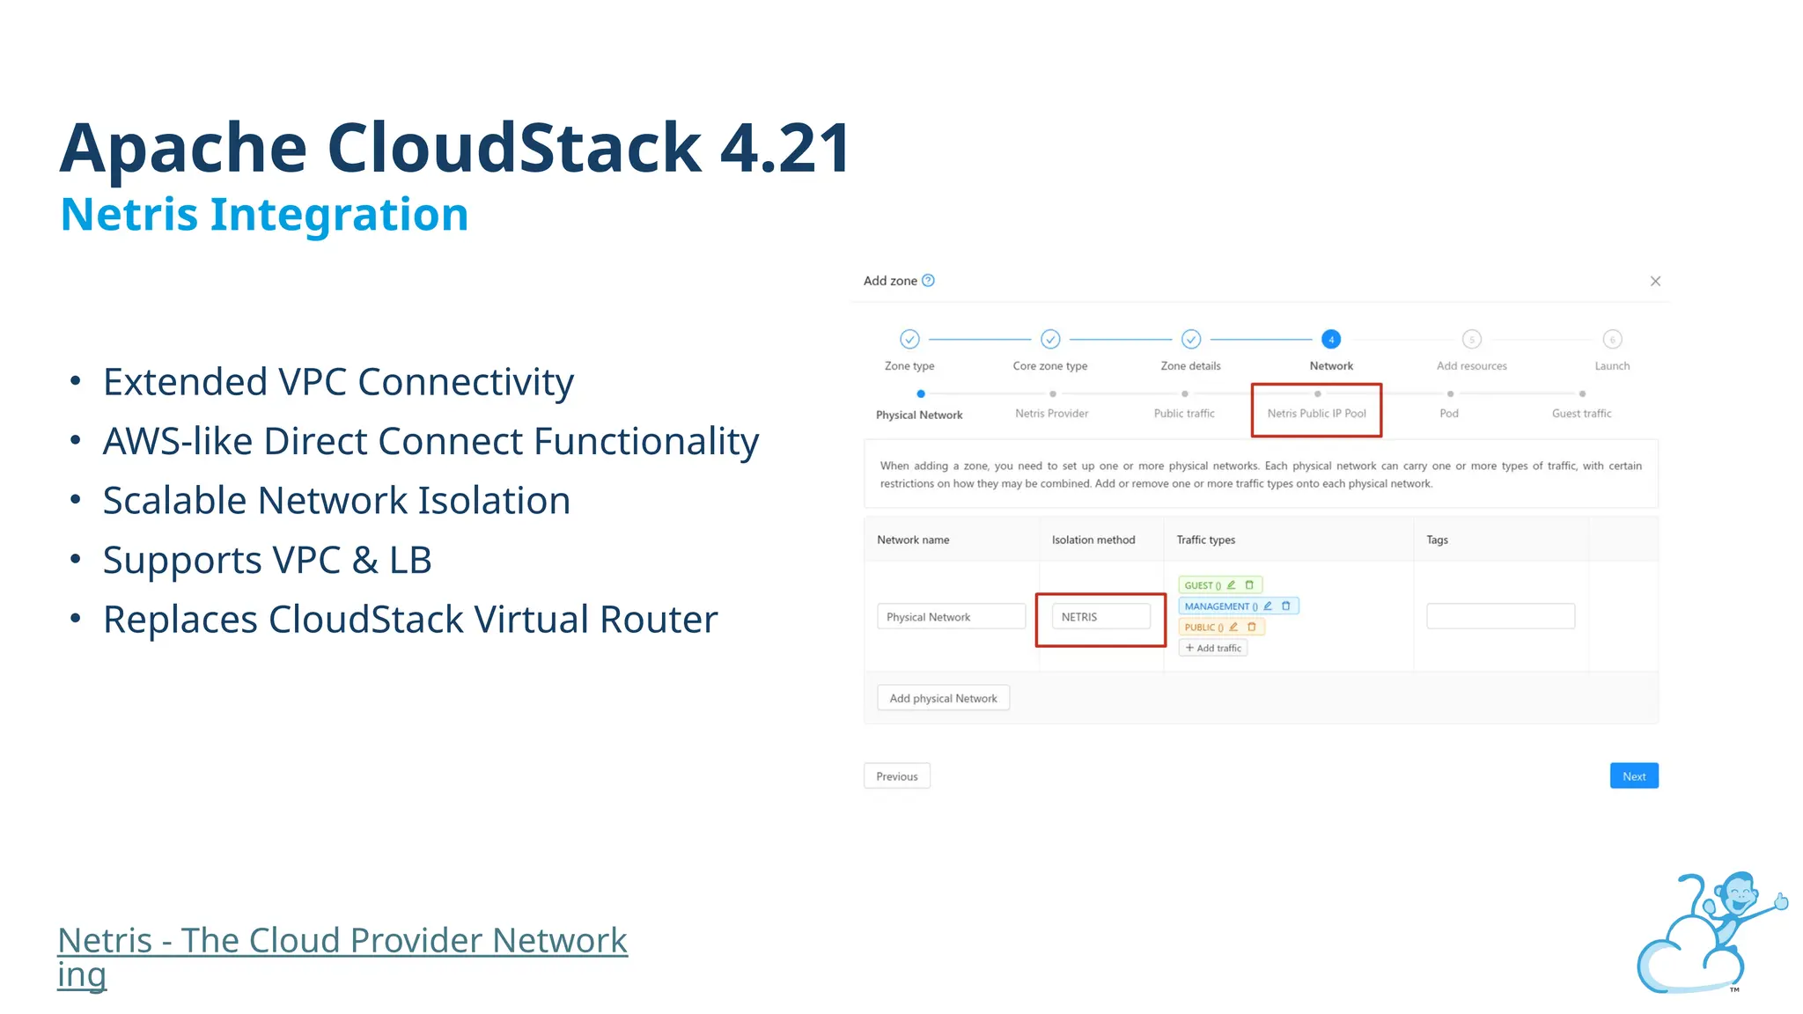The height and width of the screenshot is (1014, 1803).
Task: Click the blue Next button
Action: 1634,775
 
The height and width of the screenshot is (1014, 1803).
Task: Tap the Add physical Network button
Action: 943,698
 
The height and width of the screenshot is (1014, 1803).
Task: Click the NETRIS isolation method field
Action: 1100,617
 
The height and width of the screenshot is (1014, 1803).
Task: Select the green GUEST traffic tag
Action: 1202,585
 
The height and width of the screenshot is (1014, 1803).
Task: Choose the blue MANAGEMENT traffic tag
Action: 1218,606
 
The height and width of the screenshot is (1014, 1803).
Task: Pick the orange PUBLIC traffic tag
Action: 1202,628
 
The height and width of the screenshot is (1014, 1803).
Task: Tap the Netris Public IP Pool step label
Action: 1316,414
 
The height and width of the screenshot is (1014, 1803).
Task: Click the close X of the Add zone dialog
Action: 1655,281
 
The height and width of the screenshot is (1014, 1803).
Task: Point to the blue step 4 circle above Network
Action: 1331,339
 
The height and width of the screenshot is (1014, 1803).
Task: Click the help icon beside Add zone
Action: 928,281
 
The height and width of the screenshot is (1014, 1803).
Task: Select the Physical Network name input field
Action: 951,617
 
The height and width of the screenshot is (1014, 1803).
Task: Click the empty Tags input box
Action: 1500,616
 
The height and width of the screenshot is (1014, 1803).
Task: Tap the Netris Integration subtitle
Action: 264,215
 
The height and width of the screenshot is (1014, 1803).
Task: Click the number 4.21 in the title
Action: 785,148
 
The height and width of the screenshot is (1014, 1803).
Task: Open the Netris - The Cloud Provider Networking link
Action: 342,942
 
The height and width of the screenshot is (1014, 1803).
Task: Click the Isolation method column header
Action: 1093,540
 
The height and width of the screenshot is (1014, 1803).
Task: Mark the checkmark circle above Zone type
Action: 909,339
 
